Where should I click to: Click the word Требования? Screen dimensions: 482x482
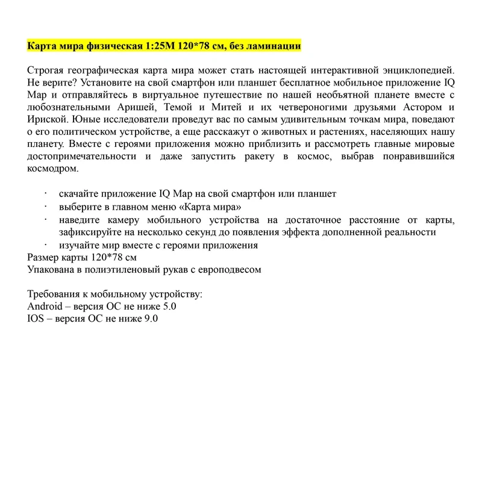54,295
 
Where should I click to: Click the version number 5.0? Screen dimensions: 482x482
169,307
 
